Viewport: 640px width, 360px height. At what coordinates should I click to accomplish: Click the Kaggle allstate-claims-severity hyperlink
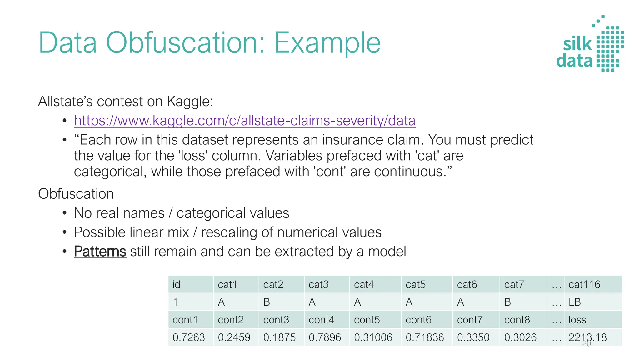tap(245, 121)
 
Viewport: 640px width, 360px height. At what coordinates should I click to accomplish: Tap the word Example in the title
tap(327, 43)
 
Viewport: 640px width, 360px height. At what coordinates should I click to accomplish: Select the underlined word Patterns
tap(100, 252)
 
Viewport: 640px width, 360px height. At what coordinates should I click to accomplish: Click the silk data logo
tap(590, 44)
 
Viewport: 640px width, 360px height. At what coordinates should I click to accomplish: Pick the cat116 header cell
tap(584, 284)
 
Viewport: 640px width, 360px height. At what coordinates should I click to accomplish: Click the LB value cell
tap(575, 302)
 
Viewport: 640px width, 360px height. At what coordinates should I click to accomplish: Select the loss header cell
tap(577, 320)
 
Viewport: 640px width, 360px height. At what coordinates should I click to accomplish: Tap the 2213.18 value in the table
tap(587, 337)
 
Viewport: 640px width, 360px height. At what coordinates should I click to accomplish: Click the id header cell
tap(177, 284)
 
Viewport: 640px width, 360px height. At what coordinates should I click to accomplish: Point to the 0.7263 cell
tap(189, 337)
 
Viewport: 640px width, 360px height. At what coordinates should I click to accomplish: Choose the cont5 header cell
tap(367, 320)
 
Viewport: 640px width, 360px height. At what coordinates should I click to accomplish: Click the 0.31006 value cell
tap(373, 337)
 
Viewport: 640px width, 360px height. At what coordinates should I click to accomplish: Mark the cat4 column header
tap(364, 284)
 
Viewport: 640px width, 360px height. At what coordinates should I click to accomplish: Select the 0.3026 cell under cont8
tap(520, 337)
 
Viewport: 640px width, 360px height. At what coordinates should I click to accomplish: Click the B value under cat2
tap(267, 302)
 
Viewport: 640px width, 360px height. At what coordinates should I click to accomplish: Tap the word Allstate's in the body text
tap(65, 102)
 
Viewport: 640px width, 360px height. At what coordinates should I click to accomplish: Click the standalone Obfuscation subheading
tap(76, 194)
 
